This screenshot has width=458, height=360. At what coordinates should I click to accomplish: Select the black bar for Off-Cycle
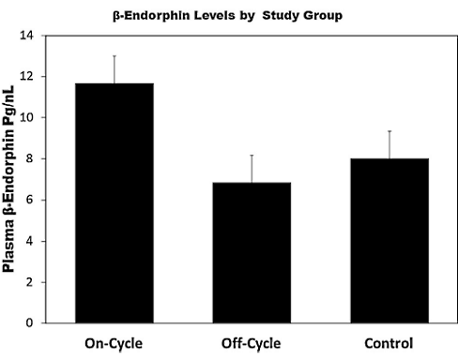pyautogui.click(x=251, y=252)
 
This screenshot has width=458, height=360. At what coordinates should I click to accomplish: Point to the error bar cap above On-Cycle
pyautogui.click(x=114, y=55)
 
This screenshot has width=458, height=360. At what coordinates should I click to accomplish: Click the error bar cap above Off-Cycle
pyautogui.click(x=251, y=155)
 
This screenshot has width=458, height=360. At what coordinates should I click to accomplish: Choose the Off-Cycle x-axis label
pyautogui.click(x=251, y=342)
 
